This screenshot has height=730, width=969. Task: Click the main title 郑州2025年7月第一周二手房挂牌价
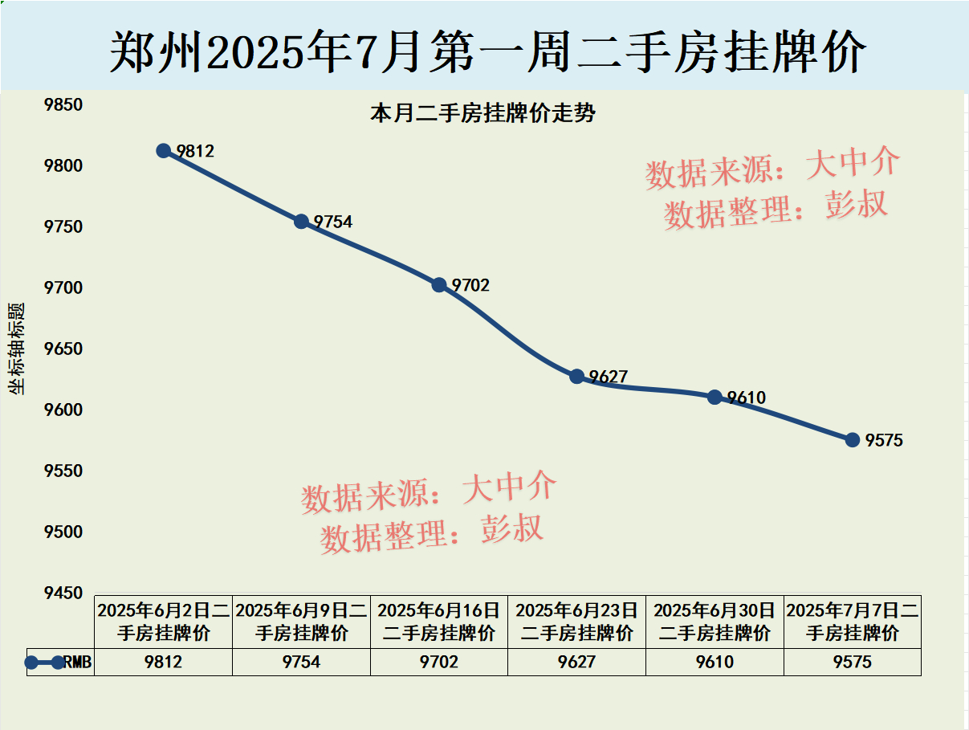487,52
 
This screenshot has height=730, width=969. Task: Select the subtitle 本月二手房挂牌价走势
482,114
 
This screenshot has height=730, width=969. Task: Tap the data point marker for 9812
164,150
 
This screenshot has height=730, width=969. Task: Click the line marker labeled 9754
301,222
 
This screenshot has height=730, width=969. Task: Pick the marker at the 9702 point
439,284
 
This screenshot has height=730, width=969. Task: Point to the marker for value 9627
577,376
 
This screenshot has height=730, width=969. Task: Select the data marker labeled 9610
715,397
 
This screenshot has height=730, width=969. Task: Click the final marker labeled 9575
853,439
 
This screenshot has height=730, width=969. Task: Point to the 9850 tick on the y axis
63,105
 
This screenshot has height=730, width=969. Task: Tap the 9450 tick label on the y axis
63,593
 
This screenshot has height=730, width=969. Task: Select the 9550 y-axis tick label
63,471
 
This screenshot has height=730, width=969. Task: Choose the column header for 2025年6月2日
164,621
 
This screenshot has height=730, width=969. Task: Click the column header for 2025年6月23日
577,621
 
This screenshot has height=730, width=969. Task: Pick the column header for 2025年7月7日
853,621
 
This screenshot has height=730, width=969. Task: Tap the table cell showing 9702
439,662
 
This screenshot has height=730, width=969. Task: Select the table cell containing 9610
715,662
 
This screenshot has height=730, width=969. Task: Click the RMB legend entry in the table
60,662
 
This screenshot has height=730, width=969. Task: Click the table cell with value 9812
164,662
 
